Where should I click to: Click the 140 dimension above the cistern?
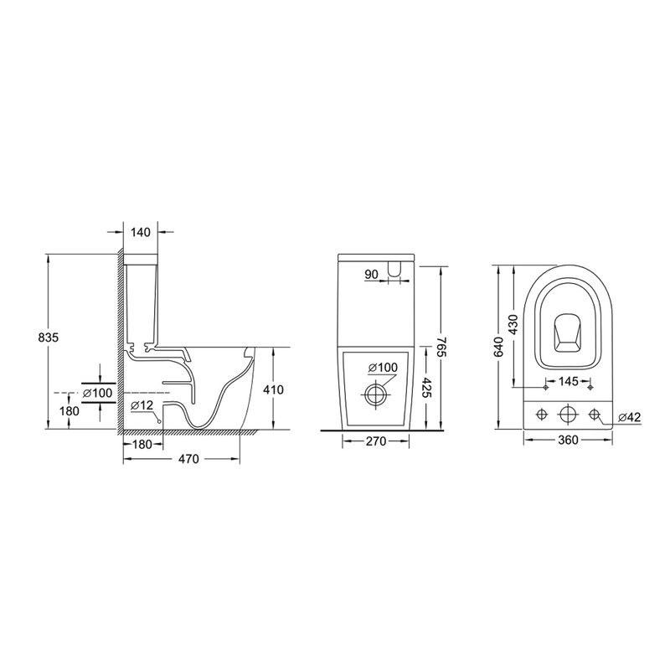pos(141,232)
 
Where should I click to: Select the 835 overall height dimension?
pos(49,338)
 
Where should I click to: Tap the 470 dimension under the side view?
pos(189,459)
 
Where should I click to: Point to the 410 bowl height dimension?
pos(274,389)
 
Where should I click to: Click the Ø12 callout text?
pos(142,405)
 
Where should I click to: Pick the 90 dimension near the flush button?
pos(372,275)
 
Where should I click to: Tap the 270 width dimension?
pos(376,441)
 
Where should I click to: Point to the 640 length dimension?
pos(498,347)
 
